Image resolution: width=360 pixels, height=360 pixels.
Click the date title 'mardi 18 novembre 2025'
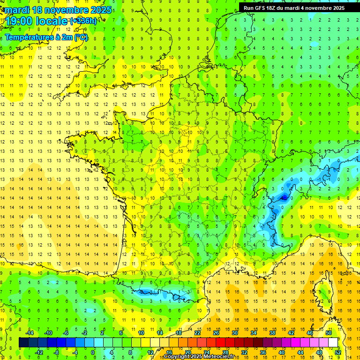[x=59, y=10]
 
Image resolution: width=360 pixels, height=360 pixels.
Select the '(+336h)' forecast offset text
[x=83, y=21]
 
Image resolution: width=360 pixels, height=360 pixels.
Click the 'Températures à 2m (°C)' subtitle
[x=46, y=37]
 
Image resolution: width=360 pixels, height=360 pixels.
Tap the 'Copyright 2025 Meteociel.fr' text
[x=199, y=357]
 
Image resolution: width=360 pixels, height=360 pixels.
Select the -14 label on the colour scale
[x=30, y=333]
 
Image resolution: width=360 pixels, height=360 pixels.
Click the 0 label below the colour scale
[x=92, y=352]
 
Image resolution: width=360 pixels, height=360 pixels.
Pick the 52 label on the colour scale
[x=337, y=352]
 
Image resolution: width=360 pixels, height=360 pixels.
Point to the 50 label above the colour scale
[x=329, y=333]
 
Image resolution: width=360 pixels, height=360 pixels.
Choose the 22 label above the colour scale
[x=197, y=333]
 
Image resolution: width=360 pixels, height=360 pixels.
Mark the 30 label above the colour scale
[x=235, y=333]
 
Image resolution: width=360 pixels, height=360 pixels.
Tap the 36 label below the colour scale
[x=263, y=352]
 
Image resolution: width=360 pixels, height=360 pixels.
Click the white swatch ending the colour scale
[x=333, y=343]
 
